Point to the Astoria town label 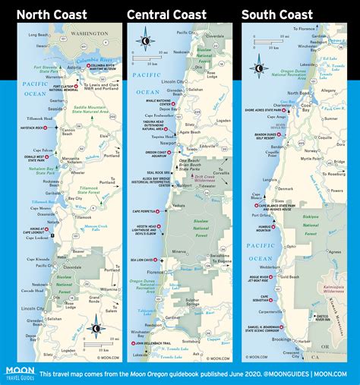(x=64, y=67)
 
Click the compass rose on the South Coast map (x=259, y=68)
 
